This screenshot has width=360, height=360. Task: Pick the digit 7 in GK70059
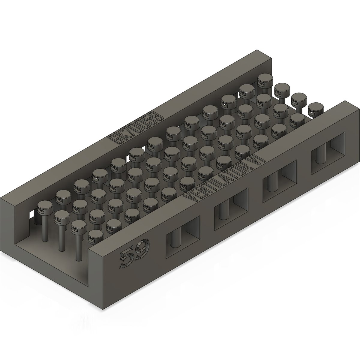pyautogui.click(x=130, y=131)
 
